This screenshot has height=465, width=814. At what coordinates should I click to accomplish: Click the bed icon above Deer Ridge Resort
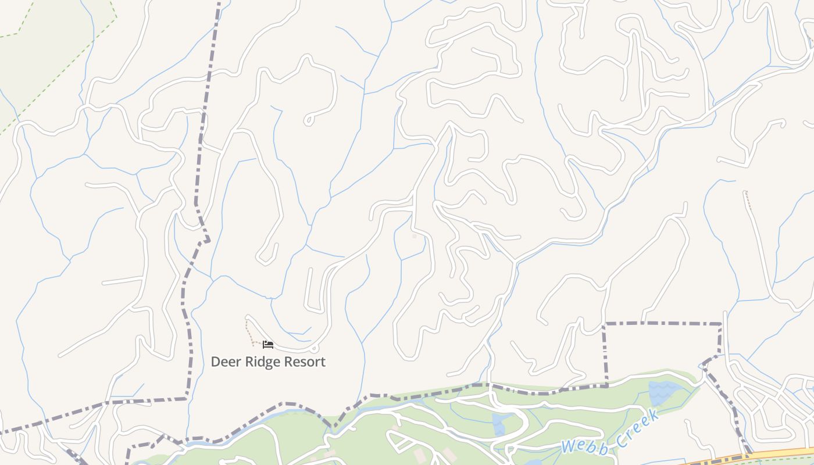tap(268, 345)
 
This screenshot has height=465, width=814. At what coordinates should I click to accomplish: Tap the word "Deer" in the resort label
tap(224, 362)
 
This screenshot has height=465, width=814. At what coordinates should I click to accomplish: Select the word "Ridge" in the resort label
tap(258, 362)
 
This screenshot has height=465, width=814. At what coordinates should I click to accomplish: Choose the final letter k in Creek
tap(655, 416)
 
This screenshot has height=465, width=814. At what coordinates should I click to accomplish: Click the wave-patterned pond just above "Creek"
tap(663, 392)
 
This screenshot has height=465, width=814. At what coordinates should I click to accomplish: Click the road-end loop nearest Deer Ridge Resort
tap(315, 349)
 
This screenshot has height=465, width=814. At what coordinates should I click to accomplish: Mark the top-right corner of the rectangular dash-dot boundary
tap(721, 324)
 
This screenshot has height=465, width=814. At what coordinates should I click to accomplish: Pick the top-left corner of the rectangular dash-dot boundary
tap(605, 324)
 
